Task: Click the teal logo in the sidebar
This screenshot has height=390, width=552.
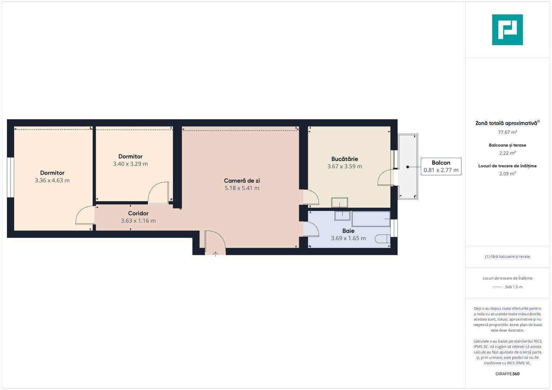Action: click(508, 30)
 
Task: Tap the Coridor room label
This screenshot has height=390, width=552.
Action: click(138, 213)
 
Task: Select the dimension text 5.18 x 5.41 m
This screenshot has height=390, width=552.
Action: click(242, 188)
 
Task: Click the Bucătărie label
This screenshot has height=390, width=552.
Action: click(345, 159)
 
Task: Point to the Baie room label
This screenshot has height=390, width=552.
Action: click(348, 231)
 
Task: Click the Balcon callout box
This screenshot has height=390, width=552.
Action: click(441, 166)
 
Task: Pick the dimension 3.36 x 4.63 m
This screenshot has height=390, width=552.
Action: click(52, 181)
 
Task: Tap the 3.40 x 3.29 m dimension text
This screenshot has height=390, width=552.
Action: click(130, 164)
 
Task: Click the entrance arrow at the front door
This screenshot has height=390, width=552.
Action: click(215, 254)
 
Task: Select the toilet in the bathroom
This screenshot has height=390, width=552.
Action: click(382, 239)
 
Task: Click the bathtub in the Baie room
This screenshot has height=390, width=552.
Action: click(371, 219)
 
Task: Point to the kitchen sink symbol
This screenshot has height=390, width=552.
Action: click(339, 203)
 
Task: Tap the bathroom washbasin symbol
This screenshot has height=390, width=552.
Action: click(342, 216)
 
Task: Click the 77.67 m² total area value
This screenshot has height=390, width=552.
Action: click(508, 132)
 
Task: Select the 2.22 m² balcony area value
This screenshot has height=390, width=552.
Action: click(508, 153)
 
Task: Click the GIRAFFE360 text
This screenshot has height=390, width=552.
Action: click(508, 374)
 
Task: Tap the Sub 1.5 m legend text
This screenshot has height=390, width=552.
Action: click(514, 287)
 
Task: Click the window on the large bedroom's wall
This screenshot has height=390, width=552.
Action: click(10, 177)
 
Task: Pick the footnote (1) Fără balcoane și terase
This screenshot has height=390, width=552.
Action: click(508, 256)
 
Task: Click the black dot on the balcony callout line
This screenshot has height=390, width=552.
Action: click(408, 167)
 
